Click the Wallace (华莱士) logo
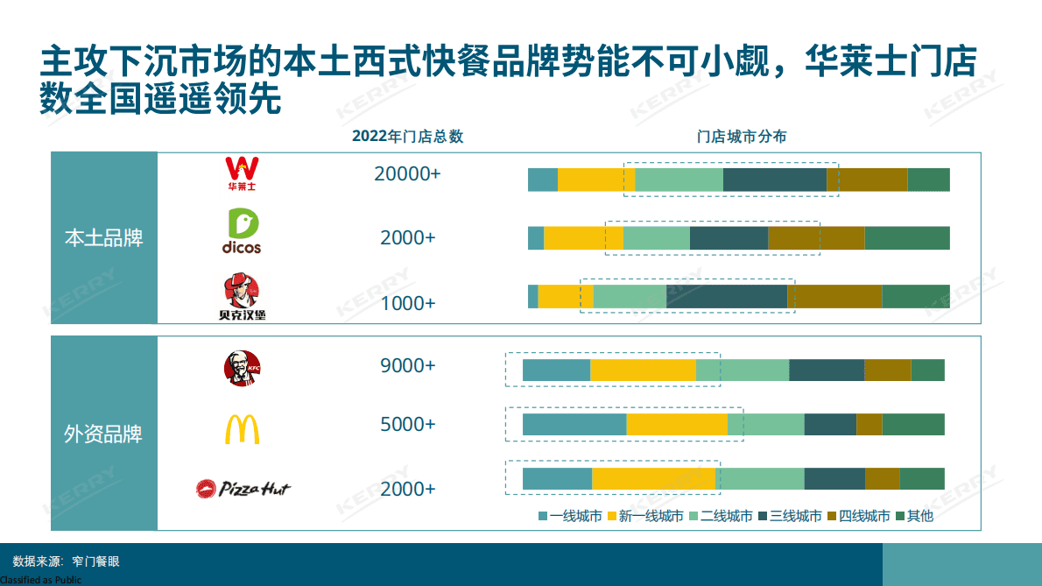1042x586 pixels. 243,173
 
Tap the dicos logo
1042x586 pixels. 241,231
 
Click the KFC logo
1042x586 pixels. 243,368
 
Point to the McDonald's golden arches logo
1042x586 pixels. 243,428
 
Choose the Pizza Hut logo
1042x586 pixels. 243,488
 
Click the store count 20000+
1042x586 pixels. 407,174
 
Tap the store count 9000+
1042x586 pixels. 407,366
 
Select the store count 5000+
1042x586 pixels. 407,425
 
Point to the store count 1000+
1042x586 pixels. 407,303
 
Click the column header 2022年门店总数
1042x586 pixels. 407,137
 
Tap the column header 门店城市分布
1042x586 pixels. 741,137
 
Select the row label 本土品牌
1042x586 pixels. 104,238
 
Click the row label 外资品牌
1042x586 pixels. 104,434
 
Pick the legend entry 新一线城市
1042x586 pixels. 651,516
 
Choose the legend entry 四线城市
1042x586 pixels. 864,516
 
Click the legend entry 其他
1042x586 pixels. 919,516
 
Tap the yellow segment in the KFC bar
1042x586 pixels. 643,371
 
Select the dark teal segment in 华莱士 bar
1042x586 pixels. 774,180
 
